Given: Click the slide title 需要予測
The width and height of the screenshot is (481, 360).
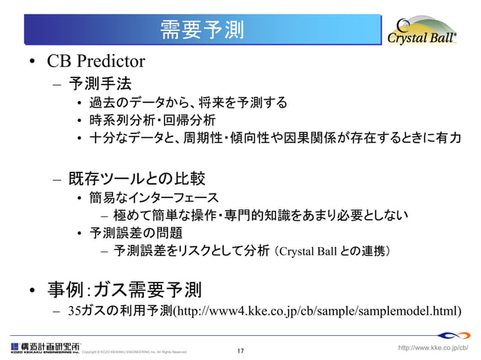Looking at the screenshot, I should [x=201, y=29].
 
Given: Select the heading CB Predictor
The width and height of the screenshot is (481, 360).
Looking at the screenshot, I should [x=95, y=60].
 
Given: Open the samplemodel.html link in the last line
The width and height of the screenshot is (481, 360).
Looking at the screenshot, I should [x=316, y=310].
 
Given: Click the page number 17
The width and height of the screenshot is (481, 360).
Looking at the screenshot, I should [x=240, y=351].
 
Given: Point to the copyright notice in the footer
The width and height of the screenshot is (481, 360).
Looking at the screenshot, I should [x=133, y=352].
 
